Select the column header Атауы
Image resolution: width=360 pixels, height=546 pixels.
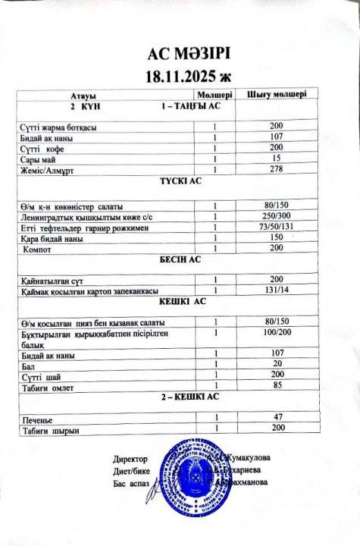pos(83,96)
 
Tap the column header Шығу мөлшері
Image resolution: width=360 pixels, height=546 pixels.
pos(277,96)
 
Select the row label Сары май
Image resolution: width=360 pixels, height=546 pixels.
pos(37,158)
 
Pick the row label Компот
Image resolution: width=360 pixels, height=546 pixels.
pos(37,249)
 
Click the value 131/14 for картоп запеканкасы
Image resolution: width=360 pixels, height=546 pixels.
pos(276,289)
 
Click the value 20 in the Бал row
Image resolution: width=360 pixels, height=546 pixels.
pos(276,363)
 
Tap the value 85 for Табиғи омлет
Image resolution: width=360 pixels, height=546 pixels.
pos(276,384)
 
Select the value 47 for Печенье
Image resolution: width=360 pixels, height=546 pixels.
pos(276,417)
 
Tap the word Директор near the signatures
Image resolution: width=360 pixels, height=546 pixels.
pos(130,460)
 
